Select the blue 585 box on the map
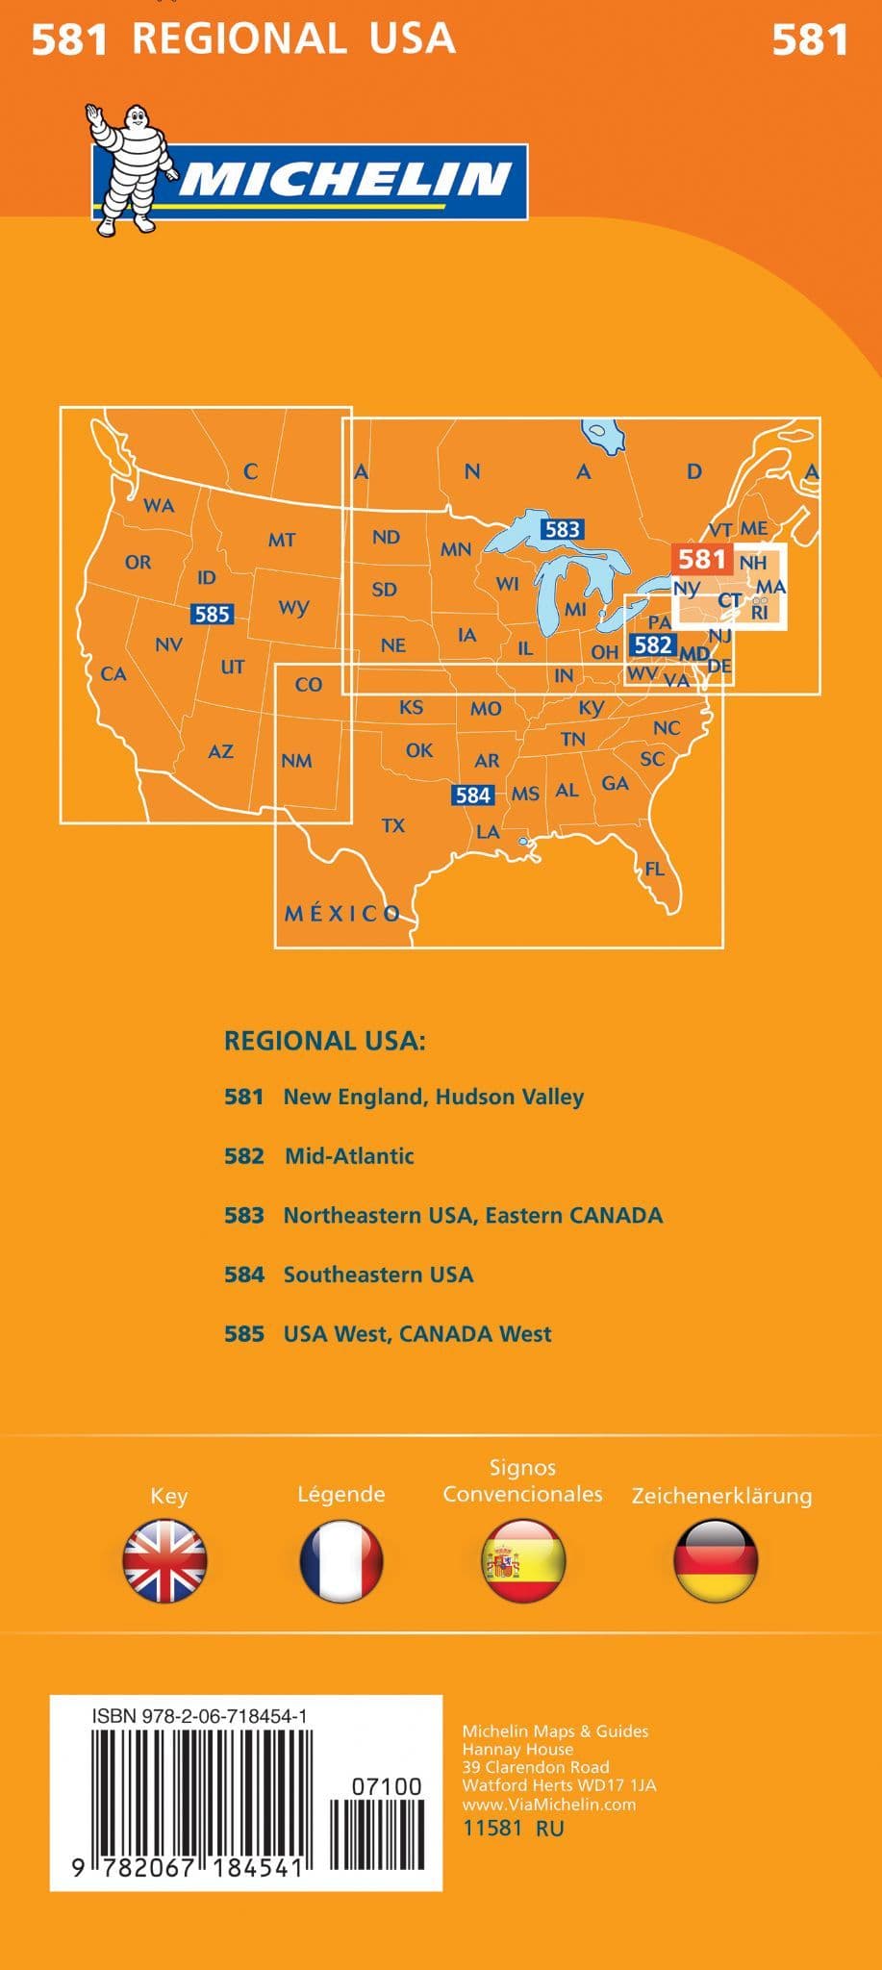coord(212,614)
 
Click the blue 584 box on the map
coord(473,795)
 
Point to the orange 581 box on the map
coord(701,559)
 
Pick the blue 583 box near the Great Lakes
coord(562,529)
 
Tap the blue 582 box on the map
coord(653,644)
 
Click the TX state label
coord(393,825)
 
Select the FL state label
coord(655,869)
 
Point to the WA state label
coord(159,505)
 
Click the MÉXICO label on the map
coord(342,914)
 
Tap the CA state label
coord(113,673)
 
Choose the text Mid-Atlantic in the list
coord(349,1156)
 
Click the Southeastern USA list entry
coord(378,1275)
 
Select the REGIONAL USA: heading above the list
coord(324,1040)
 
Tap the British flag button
coord(164,1560)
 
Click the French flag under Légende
coord(341,1560)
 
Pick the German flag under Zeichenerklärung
coord(717,1560)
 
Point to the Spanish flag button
coord(523,1560)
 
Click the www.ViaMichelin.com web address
coord(548,1805)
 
